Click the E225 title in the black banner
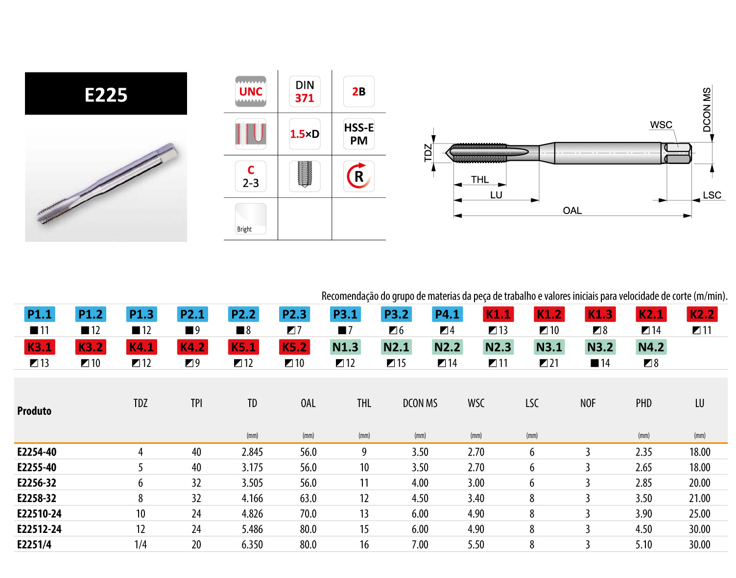106,95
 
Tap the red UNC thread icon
250,91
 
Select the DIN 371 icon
305,91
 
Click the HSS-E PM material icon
358,134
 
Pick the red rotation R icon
358,176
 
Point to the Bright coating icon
250,218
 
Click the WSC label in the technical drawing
661,125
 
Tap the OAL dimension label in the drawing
572,211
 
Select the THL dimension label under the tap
479,179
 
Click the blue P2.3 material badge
294,314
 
